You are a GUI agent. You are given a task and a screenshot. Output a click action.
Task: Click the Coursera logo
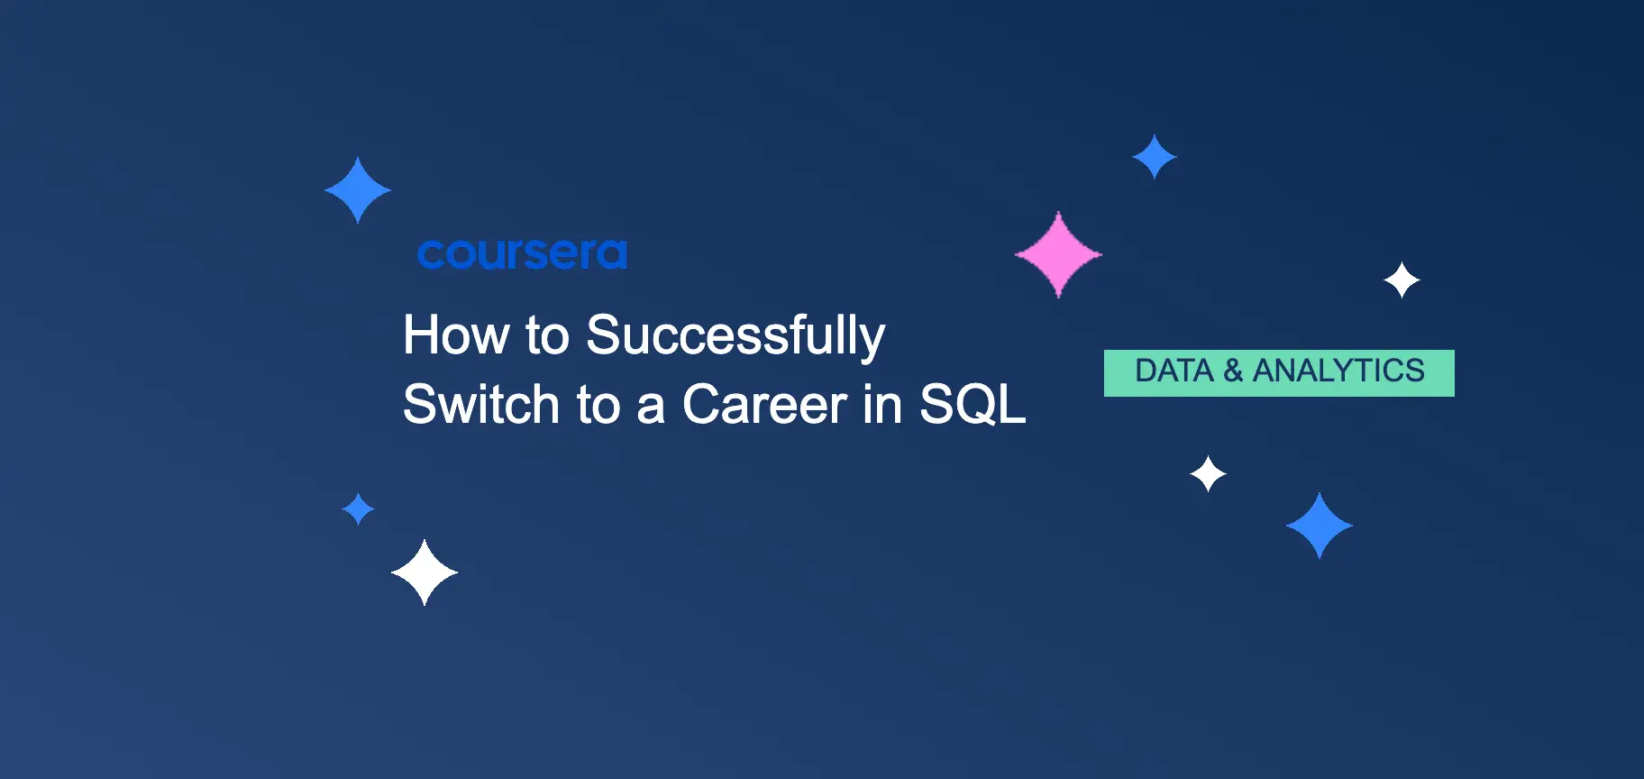tap(522, 254)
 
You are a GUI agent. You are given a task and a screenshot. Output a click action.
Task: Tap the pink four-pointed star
tap(1058, 255)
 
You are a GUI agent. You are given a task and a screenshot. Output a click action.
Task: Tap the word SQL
tap(972, 404)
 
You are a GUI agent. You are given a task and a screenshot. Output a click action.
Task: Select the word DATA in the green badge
tap(1174, 371)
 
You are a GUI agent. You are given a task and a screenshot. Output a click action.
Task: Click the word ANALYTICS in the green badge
tap(1338, 371)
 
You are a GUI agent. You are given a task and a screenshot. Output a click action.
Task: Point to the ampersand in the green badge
tap(1233, 371)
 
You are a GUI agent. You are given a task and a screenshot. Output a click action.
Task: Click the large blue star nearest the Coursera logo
tap(358, 190)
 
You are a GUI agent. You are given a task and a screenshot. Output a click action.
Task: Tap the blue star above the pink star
tap(1155, 157)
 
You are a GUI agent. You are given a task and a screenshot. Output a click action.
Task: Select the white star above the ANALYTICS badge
tap(1402, 280)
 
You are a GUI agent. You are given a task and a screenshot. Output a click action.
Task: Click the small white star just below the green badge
tap(1208, 473)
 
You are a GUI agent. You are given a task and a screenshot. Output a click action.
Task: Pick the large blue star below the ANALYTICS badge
tap(1320, 526)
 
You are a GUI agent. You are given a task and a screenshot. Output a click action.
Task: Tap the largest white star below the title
tap(425, 573)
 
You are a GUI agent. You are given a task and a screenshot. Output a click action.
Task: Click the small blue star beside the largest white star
tap(359, 509)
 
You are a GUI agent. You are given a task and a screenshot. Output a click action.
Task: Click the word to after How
tap(547, 335)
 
